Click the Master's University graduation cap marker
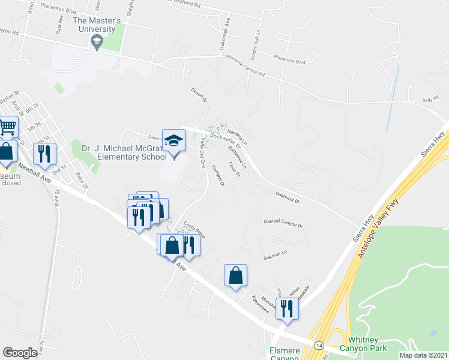[96, 41]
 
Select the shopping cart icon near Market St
[7, 127]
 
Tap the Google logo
[20, 352]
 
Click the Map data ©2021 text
[423, 355]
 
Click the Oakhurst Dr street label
[288, 197]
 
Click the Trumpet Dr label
[218, 176]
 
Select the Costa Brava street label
[195, 229]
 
